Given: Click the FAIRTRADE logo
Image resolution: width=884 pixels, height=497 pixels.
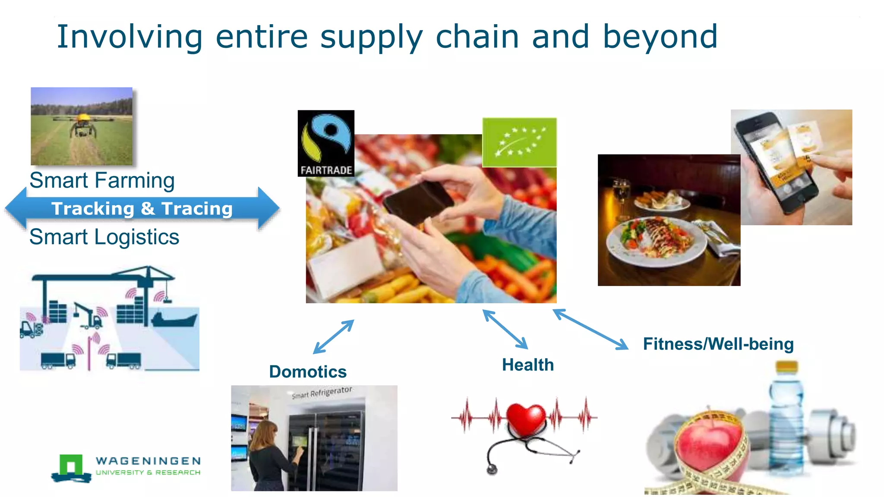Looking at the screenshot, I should (326, 143).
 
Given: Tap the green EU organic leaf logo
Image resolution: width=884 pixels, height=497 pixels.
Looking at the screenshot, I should (519, 142).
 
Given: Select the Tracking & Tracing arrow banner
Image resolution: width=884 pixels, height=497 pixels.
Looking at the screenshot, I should (142, 209).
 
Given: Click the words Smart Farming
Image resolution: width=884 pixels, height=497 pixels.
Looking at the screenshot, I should (102, 180).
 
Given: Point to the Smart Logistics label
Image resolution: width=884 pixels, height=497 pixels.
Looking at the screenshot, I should (104, 237).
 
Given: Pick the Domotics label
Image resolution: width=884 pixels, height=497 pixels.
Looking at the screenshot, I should (308, 371).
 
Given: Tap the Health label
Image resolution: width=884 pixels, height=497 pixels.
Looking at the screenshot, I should (527, 365).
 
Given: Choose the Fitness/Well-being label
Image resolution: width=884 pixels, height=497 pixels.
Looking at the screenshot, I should (718, 344).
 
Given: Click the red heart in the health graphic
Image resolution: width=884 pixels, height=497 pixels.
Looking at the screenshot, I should (525, 418).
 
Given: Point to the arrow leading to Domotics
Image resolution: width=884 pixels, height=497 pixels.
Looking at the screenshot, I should (333, 337).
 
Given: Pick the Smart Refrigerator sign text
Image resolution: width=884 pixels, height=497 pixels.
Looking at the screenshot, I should (322, 393).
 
